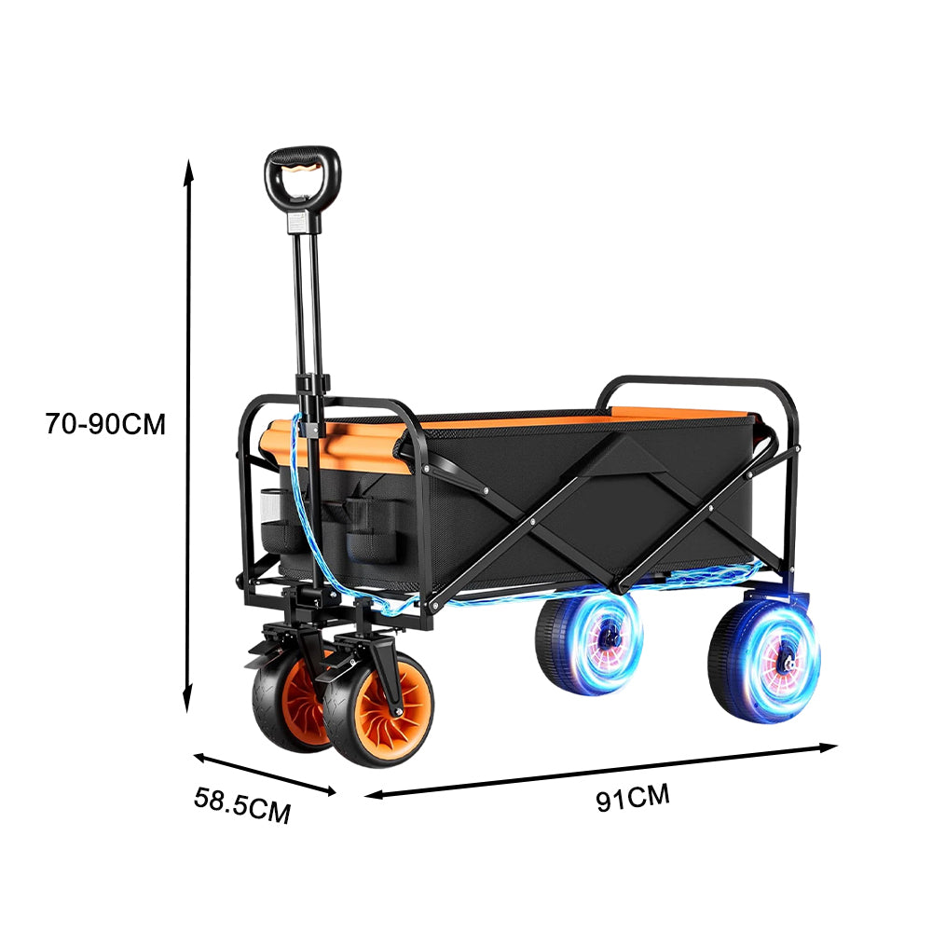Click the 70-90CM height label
click(104, 424)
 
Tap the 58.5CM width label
click(242, 806)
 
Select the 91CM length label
click(634, 797)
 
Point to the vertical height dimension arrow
click(189, 438)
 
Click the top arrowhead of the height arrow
click(189, 168)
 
